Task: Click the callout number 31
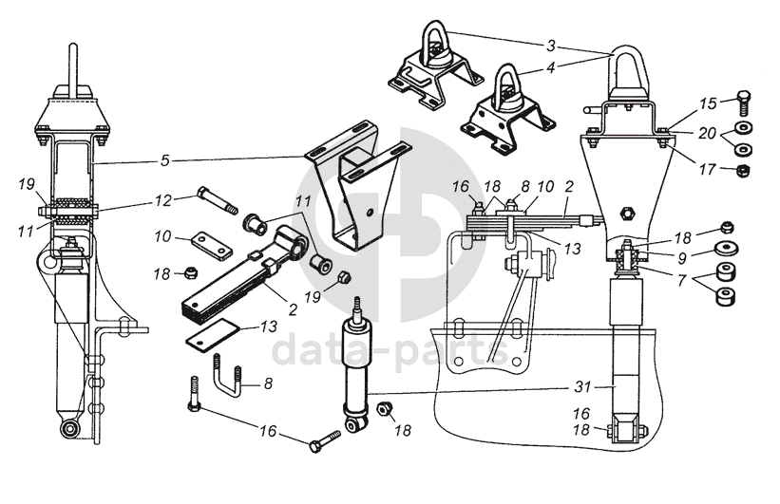click(x=582, y=386)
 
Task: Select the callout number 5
click(x=165, y=160)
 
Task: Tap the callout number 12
click(x=162, y=200)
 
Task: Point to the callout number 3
click(x=551, y=47)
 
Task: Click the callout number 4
click(x=551, y=67)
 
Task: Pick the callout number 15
click(x=708, y=103)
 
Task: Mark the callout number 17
click(x=707, y=170)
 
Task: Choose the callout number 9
click(x=682, y=258)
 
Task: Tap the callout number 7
click(x=681, y=279)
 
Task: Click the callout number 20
click(x=707, y=133)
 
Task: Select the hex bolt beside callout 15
click(x=743, y=103)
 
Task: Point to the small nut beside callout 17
click(x=742, y=171)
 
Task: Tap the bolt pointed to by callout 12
click(x=218, y=200)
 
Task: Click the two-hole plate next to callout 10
click(x=211, y=245)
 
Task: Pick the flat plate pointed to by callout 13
click(x=213, y=335)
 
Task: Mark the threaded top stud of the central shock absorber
click(x=356, y=308)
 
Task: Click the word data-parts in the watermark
click(x=390, y=350)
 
